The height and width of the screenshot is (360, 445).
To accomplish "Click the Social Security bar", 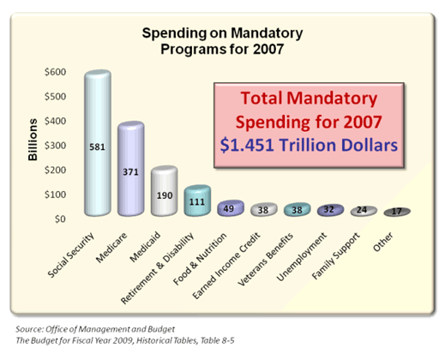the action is [x=98, y=143].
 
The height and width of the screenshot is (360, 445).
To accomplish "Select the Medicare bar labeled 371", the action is [x=131, y=169].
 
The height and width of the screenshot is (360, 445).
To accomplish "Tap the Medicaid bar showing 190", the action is [x=165, y=191].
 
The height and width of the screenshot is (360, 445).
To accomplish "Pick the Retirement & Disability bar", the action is [x=197, y=201].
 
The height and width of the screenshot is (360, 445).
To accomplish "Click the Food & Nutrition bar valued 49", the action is [x=231, y=208].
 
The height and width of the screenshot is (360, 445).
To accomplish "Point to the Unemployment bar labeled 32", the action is [x=330, y=210].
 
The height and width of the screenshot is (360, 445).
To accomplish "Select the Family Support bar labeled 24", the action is [x=364, y=211].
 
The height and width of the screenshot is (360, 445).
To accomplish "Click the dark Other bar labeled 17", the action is [x=397, y=212].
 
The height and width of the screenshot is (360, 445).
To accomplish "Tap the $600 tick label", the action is [x=55, y=72].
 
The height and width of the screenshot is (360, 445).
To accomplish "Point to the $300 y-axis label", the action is [x=55, y=146].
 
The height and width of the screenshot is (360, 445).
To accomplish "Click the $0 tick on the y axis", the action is [x=60, y=219].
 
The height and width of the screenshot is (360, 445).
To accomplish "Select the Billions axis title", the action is [x=33, y=140].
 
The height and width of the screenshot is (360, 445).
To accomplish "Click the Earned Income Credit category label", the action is [x=226, y=266].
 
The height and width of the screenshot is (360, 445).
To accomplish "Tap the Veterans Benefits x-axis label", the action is [x=266, y=260].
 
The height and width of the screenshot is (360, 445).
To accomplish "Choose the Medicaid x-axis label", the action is [x=145, y=247].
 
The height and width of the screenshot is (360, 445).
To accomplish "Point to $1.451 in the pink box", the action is [x=247, y=145].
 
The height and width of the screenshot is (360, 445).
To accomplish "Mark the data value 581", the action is [x=97, y=147].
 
